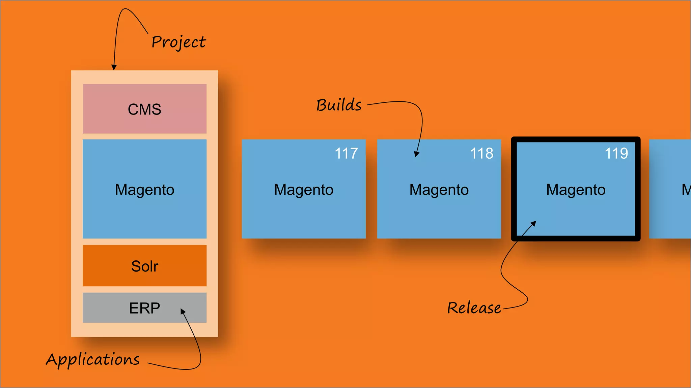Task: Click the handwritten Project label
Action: (x=178, y=42)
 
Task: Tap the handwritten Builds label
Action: (x=339, y=105)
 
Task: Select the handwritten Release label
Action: (x=474, y=308)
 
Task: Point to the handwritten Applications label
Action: (x=93, y=359)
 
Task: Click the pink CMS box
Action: (x=144, y=109)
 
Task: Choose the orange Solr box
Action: (x=144, y=266)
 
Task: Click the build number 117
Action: (x=346, y=154)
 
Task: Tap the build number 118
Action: (x=481, y=154)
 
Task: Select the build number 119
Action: (x=616, y=154)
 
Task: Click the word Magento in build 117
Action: (x=304, y=190)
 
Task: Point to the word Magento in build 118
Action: (x=439, y=190)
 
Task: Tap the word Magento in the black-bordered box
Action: (x=576, y=190)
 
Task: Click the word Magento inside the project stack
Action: (x=144, y=190)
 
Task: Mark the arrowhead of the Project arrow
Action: (x=114, y=67)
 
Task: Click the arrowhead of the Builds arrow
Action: (x=416, y=154)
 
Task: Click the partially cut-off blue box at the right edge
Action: (x=670, y=189)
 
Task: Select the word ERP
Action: (x=144, y=308)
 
